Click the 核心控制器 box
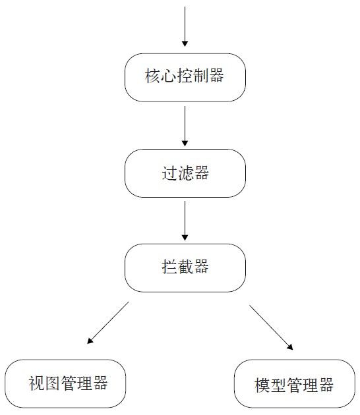click(185, 78)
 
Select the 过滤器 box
click(185, 173)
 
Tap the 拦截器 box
click(185, 268)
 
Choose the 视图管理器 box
click(65, 383)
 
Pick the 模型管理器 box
click(295, 383)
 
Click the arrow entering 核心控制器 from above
click(185, 26)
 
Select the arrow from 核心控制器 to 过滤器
click(185, 126)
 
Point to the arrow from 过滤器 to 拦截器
click(185, 221)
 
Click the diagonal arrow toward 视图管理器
click(108, 323)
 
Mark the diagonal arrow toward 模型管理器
click(271, 327)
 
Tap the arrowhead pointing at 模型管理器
click(290, 347)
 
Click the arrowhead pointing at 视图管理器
click(90, 341)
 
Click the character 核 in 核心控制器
click(152, 76)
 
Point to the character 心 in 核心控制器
click(169, 76)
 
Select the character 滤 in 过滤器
click(185, 173)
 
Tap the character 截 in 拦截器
click(185, 267)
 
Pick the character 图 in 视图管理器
click(52, 383)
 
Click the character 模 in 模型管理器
click(262, 385)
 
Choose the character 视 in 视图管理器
click(36, 383)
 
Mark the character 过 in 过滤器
click(169, 173)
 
